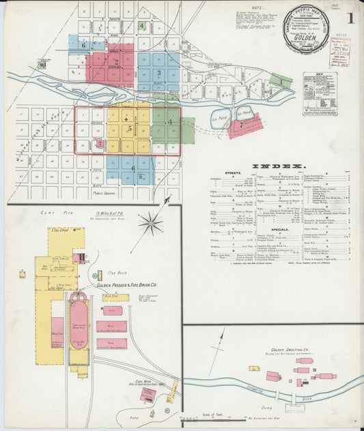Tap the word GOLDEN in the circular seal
307,39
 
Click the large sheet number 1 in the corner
349,18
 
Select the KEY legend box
320,93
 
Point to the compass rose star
150,222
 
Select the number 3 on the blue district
158,72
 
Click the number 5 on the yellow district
129,128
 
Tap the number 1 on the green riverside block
280,81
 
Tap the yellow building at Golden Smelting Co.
254,368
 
